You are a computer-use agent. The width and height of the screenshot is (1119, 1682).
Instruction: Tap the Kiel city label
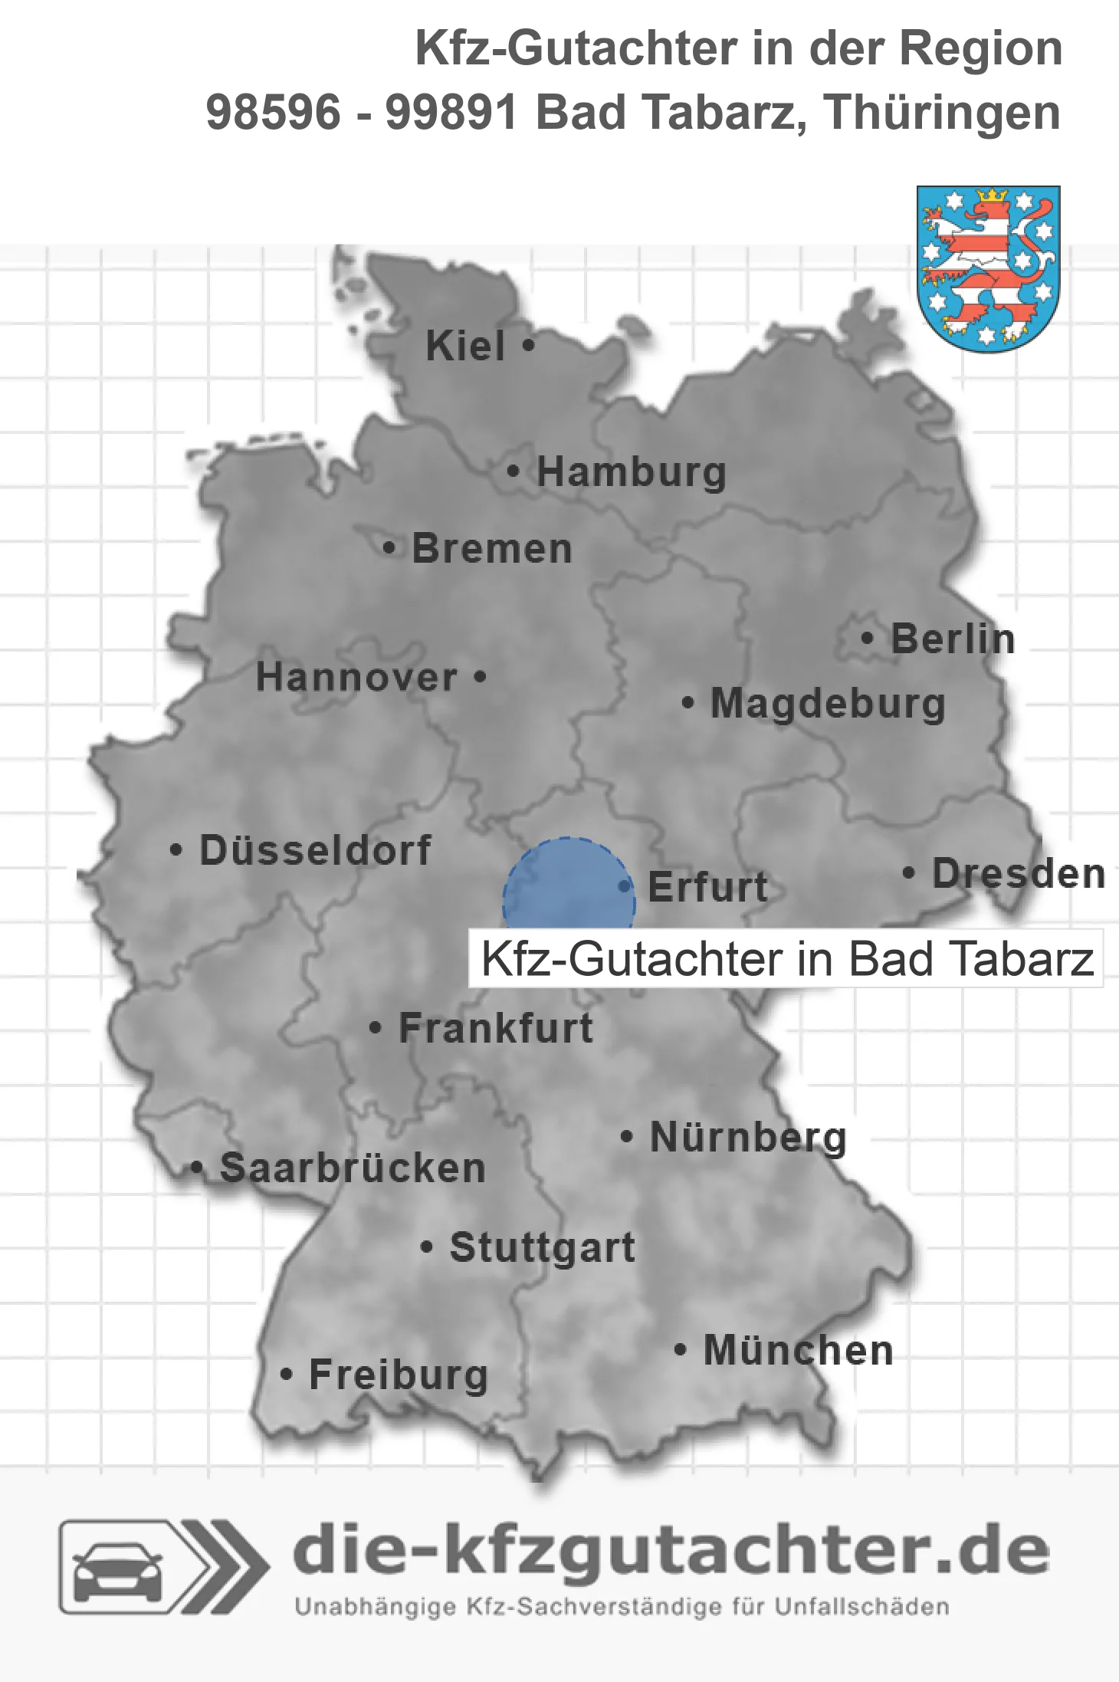[x=465, y=346]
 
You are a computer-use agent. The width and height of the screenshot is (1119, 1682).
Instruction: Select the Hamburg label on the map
[x=631, y=471]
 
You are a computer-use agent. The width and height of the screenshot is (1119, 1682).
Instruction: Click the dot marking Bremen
[x=389, y=548]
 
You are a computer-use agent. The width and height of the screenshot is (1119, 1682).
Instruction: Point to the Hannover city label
[x=356, y=677]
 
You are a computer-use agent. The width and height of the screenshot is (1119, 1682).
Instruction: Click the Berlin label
[x=953, y=639]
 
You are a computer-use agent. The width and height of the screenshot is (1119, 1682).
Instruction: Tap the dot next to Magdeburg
[x=688, y=702]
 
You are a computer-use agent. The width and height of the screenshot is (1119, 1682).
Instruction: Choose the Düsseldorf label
[x=315, y=850]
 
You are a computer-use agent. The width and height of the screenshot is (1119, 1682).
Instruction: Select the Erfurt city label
[x=707, y=887]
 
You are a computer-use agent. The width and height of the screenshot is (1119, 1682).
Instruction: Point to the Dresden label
[x=1019, y=873]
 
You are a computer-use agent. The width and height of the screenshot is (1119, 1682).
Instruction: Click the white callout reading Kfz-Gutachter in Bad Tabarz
[x=786, y=958]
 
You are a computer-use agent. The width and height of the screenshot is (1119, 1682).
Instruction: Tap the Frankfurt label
[x=496, y=1028]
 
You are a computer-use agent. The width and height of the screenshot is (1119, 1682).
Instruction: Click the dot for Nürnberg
[x=627, y=1136]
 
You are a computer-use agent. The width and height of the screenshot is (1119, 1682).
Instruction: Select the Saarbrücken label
[x=353, y=1168]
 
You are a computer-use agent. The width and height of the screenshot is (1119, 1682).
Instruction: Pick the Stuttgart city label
[x=542, y=1247]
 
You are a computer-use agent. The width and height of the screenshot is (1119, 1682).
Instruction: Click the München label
[x=798, y=1350]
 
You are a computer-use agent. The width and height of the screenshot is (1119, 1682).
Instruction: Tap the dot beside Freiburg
[x=287, y=1375]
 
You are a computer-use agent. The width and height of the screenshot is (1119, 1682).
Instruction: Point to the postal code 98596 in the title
[x=273, y=113]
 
